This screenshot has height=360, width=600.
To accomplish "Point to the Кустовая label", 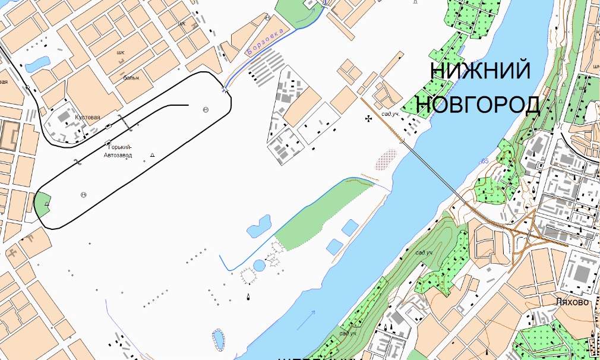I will (87, 117).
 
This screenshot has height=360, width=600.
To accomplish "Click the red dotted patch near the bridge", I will (388, 159).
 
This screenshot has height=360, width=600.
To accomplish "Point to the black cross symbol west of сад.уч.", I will (369, 119).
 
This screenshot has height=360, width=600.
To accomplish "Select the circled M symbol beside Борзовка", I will (266, 18).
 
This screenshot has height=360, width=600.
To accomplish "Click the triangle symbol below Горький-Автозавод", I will (153, 154).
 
